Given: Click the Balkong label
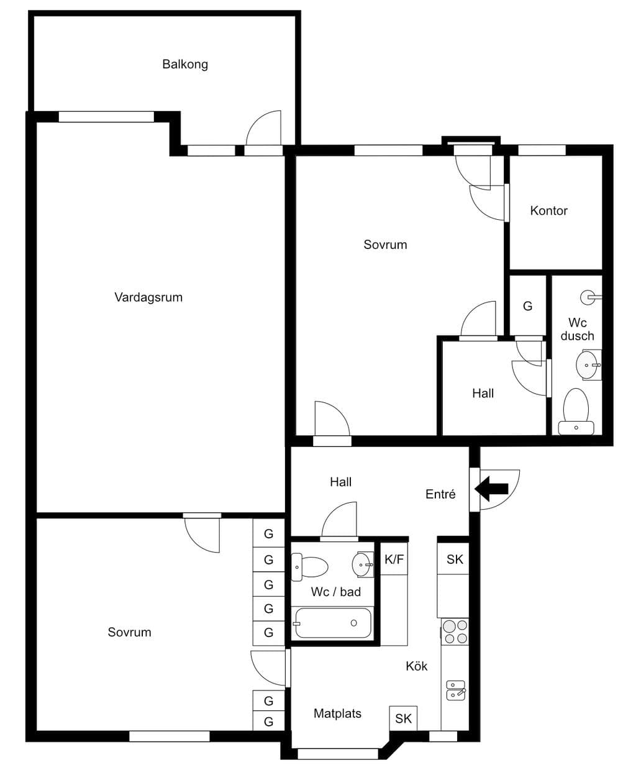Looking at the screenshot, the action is click(185, 65).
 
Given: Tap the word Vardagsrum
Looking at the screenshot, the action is click(148, 297).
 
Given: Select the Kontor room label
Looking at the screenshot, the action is click(549, 210).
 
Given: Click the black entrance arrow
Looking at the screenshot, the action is click(491, 489).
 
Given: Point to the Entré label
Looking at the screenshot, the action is click(440, 494).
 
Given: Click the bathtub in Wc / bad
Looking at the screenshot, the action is click(333, 623).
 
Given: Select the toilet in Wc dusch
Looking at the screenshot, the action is click(576, 412).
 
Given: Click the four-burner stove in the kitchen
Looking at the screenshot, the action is click(455, 631).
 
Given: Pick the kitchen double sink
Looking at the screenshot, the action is click(456, 690).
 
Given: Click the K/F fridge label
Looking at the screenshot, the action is click(394, 559).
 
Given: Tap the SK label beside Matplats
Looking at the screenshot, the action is click(403, 719).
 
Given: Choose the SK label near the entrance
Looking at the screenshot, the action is click(455, 559).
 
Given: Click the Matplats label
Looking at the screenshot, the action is click(337, 713).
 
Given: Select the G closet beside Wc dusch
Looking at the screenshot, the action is click(527, 306).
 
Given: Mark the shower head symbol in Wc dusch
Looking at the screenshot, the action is click(591, 297).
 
